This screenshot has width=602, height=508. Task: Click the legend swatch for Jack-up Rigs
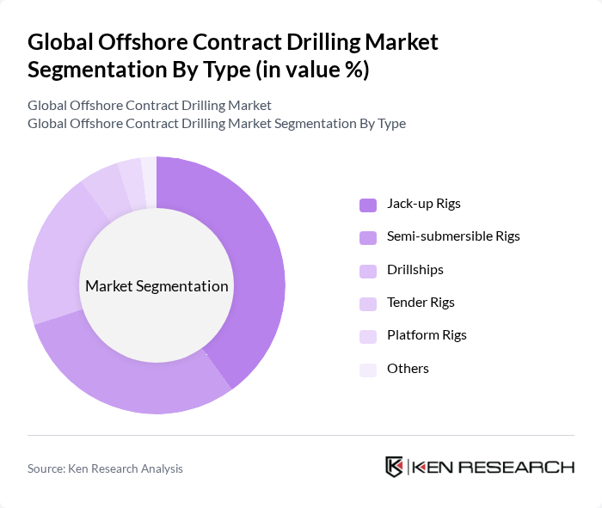point(367,205)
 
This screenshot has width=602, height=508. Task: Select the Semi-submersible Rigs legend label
point(453,236)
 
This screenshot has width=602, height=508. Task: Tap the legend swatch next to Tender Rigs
point(367,303)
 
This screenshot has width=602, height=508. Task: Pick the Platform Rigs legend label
point(427,334)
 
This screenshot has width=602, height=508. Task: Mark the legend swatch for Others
point(367,369)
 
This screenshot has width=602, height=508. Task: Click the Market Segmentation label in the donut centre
point(157,286)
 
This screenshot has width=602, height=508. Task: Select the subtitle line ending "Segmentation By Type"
point(217,124)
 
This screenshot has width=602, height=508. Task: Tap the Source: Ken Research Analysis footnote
point(105,468)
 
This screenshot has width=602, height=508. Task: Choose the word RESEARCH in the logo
point(525,468)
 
